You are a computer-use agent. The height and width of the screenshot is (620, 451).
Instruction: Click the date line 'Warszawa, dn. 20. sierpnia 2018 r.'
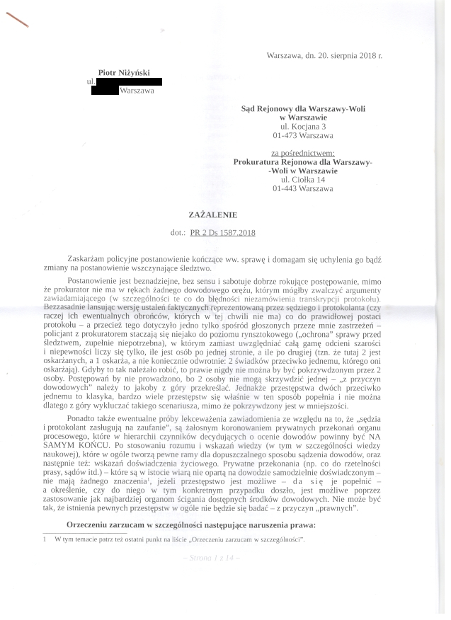click(324, 54)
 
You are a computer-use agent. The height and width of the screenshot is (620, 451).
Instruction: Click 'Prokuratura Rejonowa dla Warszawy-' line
click(302, 161)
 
